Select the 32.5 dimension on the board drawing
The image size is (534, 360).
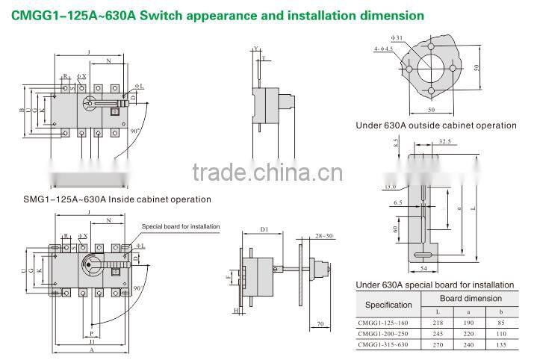coord(444,140)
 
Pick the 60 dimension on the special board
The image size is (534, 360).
coord(397,229)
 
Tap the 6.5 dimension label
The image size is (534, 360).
coord(398,202)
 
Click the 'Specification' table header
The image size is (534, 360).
coord(388,304)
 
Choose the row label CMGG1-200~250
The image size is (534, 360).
coord(384,333)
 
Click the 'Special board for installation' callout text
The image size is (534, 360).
coord(181,226)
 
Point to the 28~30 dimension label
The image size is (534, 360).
coord(325,235)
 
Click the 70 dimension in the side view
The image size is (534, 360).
coord(320,324)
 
